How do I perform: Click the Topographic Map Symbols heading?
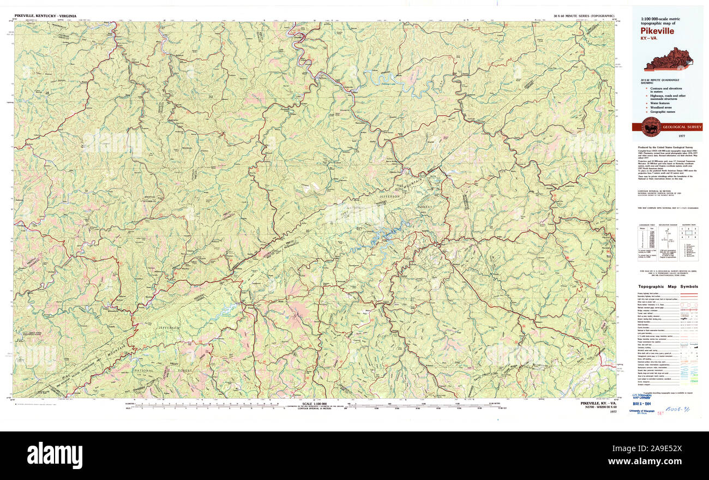(x=668, y=286)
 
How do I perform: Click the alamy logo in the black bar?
(x=55, y=454)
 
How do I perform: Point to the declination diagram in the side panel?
(x=667, y=240)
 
